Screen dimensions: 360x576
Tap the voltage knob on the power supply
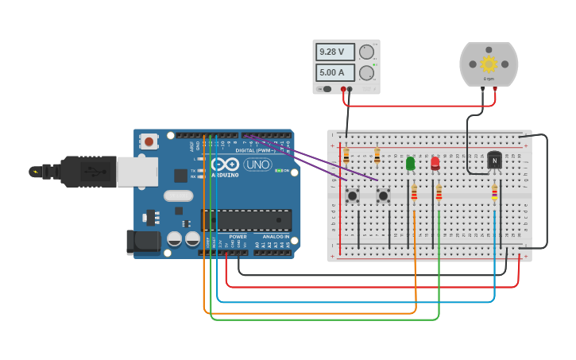366,52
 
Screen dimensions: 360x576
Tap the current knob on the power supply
366,73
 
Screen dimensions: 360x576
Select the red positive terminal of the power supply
343,89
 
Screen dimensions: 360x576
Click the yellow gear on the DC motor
489,64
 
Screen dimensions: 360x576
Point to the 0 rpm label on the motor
489,79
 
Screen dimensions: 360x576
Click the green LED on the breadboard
411,163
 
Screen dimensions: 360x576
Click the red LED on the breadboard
435,163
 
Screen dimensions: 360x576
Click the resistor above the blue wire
494,193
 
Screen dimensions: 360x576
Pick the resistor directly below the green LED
414,193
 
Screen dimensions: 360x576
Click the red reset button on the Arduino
148,141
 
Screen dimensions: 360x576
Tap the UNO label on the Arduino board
257,165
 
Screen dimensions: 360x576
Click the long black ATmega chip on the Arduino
246,220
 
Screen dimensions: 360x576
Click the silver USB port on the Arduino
137,171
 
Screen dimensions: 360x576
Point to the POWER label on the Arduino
238,237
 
